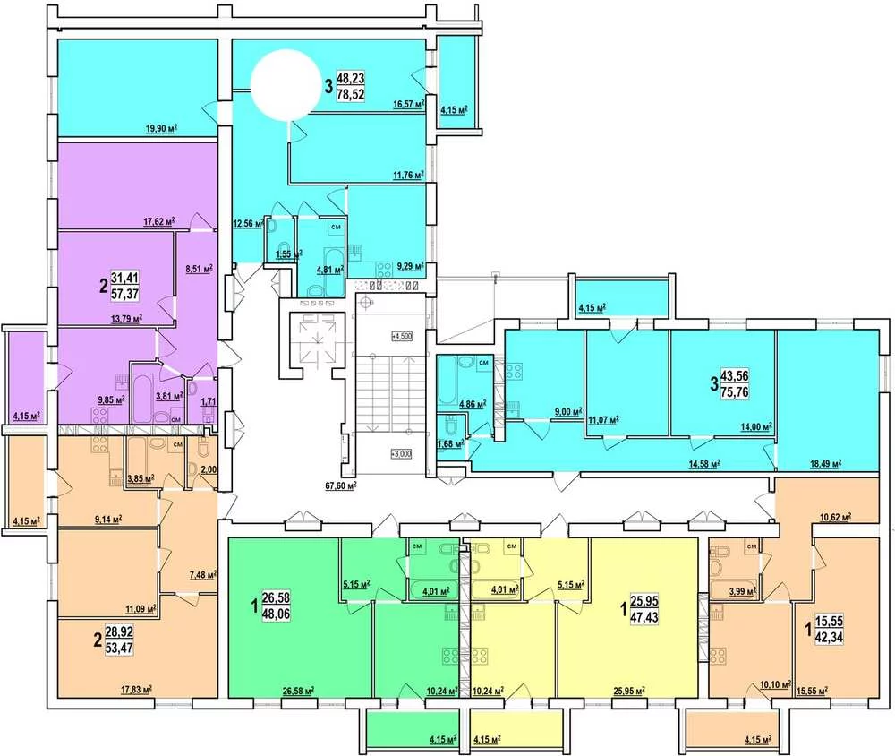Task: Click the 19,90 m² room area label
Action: click(x=161, y=128)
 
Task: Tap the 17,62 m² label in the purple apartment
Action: click(x=158, y=221)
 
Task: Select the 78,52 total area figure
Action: click(x=351, y=94)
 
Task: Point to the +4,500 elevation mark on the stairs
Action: click(x=402, y=336)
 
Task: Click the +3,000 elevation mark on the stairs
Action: click(x=401, y=454)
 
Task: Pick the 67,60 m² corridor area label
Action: click(x=341, y=485)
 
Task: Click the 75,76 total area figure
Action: click(x=735, y=392)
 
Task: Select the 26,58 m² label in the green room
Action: click(x=299, y=691)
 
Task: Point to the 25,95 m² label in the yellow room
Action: click(x=629, y=691)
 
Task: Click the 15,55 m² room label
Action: click(x=812, y=691)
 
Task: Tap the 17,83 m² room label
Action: click(x=136, y=690)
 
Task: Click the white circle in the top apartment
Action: click(x=286, y=84)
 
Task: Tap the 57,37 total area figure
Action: click(x=124, y=294)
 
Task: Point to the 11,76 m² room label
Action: click(x=409, y=175)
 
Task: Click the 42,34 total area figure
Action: click(x=829, y=637)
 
